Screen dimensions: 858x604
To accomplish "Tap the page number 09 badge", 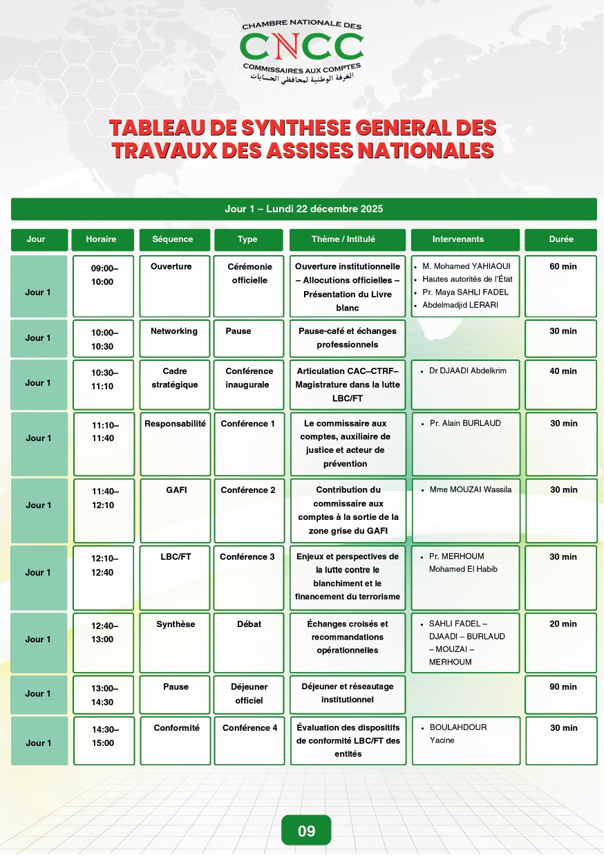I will click(306, 830).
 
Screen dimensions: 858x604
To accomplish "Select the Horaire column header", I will click(102, 239).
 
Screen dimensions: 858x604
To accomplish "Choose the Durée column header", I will click(561, 239).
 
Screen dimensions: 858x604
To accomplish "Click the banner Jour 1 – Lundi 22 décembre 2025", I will click(303, 209).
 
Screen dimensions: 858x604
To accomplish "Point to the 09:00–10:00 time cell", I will click(103, 274).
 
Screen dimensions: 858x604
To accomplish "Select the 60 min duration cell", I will click(563, 267).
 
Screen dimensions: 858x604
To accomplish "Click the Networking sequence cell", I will click(174, 331).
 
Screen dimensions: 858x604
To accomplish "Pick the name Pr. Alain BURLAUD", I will click(465, 423).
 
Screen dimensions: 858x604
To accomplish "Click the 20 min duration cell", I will click(563, 624).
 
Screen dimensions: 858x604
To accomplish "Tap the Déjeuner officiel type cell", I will click(249, 693).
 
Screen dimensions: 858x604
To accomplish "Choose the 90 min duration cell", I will click(563, 687).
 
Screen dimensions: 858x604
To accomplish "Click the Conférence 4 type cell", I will click(249, 728).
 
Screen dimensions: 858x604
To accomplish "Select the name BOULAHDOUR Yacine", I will click(458, 734).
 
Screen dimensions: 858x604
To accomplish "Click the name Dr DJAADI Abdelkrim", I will click(467, 371).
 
